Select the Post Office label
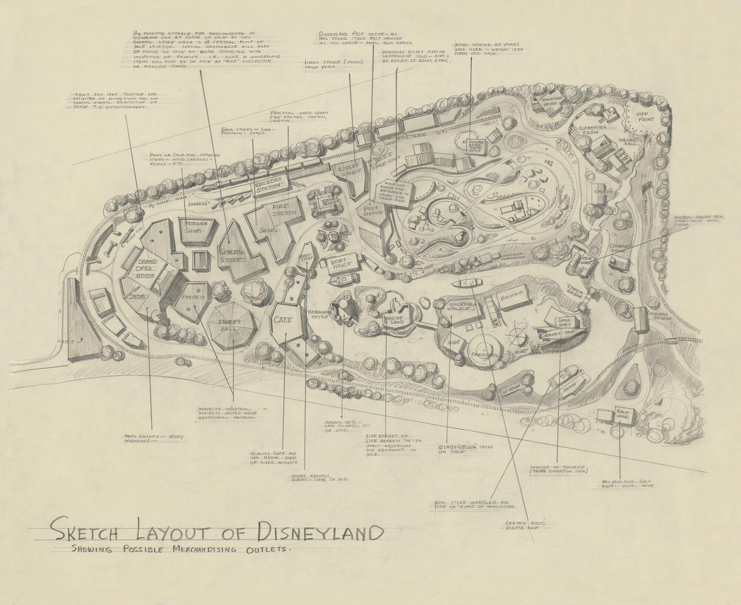[x=373, y=209]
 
